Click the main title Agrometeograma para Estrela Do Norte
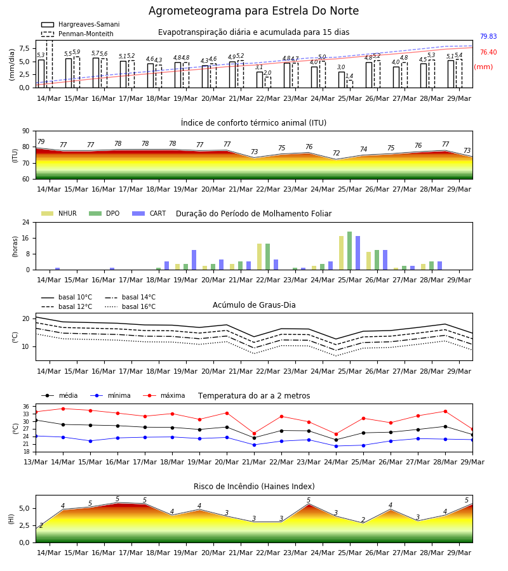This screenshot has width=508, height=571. (253, 11)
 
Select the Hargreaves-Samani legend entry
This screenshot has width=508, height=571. (81, 24)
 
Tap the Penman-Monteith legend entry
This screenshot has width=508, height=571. (77, 34)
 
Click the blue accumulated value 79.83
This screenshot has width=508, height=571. (488, 36)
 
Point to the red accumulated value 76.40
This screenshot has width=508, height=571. (488, 53)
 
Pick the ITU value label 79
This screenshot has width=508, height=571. (41, 141)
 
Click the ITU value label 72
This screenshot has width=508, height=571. (336, 154)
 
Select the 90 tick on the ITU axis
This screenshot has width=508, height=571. (26, 131)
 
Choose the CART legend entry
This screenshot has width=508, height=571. (149, 213)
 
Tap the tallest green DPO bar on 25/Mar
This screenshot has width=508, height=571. (349, 251)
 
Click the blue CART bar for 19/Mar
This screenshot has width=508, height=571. (194, 260)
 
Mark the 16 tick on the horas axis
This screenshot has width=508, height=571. (26, 238)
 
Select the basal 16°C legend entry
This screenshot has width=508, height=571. (130, 306)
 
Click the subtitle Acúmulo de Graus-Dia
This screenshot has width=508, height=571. (254, 305)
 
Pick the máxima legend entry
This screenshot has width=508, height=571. (164, 395)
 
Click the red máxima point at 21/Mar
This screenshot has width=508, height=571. (255, 434)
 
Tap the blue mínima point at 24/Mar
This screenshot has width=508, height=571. (336, 446)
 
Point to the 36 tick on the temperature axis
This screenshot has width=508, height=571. (26, 407)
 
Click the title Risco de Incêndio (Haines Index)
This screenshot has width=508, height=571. (254, 487)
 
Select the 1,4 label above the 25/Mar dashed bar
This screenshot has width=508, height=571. (349, 76)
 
